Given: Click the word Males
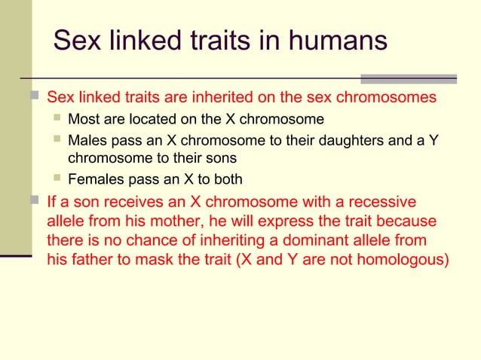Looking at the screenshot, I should [x=87, y=141].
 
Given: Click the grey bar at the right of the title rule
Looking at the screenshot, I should [x=409, y=78].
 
